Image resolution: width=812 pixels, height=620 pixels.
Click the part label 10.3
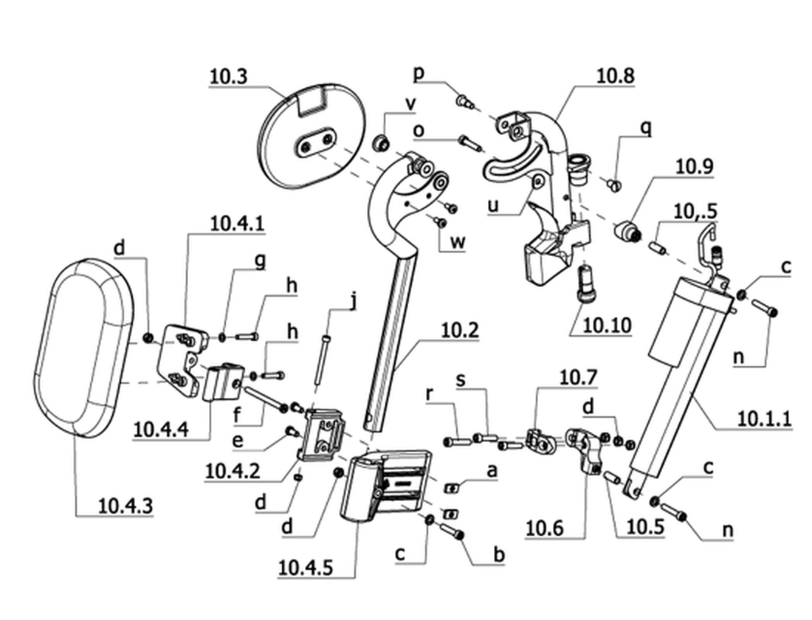coord(228,76)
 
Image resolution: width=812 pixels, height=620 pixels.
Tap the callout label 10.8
coord(615,75)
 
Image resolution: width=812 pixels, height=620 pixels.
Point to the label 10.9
coord(695,166)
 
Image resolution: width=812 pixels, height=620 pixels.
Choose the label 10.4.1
coord(237,223)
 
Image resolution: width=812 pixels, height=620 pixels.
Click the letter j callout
coord(353,301)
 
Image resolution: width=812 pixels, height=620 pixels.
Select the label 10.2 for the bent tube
coord(460,331)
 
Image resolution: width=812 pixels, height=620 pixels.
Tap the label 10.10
coord(608,325)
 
